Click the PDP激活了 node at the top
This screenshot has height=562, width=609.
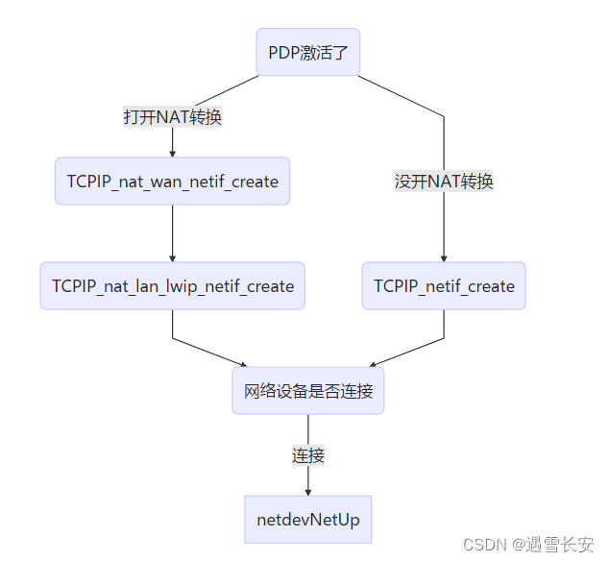pyautogui.click(x=307, y=53)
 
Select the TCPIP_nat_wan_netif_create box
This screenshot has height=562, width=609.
pyautogui.click(x=172, y=182)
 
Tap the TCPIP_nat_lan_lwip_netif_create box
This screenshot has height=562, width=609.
pyautogui.click(x=173, y=286)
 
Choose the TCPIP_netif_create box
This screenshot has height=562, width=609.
pyautogui.click(x=444, y=286)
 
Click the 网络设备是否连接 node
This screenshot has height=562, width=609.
pyautogui.click(x=307, y=391)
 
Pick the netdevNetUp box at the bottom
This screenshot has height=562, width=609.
pyautogui.click(x=307, y=520)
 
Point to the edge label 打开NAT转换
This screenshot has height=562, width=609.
pyautogui.click(x=173, y=117)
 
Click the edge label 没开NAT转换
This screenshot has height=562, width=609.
pyautogui.click(x=444, y=182)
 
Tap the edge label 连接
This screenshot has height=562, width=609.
pyautogui.click(x=307, y=455)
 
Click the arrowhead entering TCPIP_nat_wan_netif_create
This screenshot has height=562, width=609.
pyautogui.click(x=173, y=153)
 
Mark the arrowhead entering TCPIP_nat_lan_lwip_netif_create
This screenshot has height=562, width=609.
pyautogui.click(x=173, y=257)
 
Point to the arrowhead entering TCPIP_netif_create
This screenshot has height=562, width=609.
pyautogui.click(x=444, y=257)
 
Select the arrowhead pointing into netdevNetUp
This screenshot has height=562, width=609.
pyautogui.click(x=307, y=491)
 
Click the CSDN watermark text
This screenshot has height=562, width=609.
pyautogui.click(x=484, y=545)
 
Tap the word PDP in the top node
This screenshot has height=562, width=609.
pyautogui.click(x=283, y=53)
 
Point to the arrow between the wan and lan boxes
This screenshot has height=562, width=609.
pyautogui.click(x=173, y=231)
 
